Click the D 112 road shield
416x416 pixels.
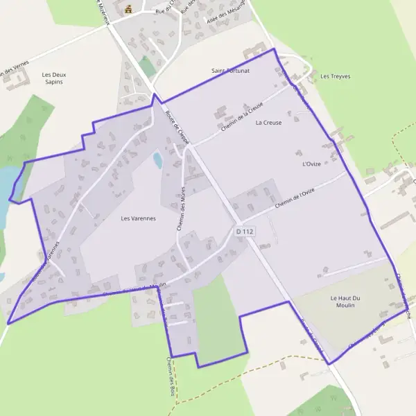245,231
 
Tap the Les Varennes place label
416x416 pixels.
139,218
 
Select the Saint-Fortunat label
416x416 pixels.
230,71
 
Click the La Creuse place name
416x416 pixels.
268,123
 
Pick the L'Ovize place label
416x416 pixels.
312,164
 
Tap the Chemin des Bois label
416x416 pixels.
170,380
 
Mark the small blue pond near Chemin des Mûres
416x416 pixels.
157,161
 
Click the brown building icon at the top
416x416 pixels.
128,9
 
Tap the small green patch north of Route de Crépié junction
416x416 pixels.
147,67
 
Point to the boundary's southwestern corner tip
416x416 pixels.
8,323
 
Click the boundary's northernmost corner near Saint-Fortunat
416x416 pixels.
275,49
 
